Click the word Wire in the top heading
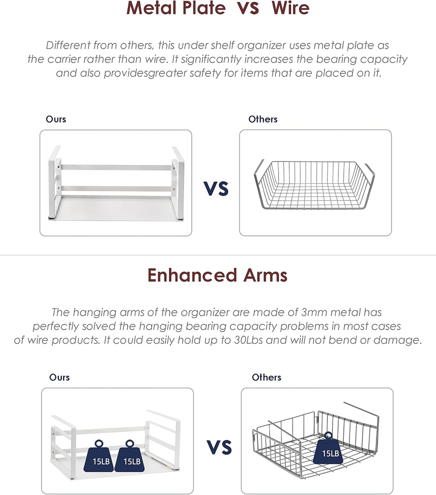click(290, 8)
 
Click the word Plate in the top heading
click(204, 8)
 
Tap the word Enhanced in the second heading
click(192, 275)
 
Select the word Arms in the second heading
click(265, 275)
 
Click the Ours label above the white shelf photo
click(56, 119)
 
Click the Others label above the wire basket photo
click(263, 119)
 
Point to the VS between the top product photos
click(216, 189)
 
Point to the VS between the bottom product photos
click(219, 447)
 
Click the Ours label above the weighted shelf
click(59, 377)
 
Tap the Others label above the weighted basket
click(267, 377)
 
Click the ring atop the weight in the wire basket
click(328, 436)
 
